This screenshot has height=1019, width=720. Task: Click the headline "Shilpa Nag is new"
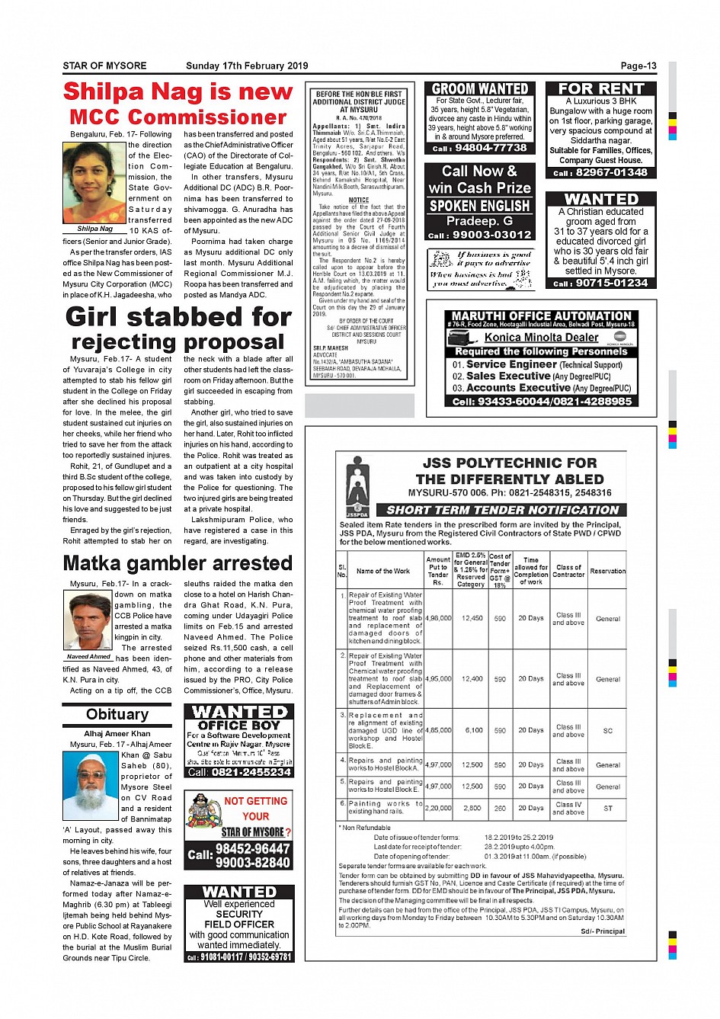[178, 92]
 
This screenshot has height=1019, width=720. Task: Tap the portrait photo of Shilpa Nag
[94, 183]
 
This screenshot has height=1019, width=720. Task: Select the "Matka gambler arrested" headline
[178, 563]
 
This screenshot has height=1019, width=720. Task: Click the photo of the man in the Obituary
[91, 785]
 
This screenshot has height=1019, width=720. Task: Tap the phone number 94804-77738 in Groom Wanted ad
[490, 148]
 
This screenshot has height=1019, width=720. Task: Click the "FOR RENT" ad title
[601, 89]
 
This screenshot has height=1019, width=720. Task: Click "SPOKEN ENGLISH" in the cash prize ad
[479, 206]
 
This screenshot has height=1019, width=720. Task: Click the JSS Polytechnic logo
[357, 485]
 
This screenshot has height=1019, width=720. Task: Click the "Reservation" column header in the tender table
[608, 571]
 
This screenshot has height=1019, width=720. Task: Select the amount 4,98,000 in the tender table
[438, 618]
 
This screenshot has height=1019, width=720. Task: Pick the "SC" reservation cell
[608, 730]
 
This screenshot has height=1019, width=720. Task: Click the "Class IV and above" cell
[568, 808]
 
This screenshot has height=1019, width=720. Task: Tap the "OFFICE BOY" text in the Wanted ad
[239, 726]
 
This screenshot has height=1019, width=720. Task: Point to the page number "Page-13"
[638, 66]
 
